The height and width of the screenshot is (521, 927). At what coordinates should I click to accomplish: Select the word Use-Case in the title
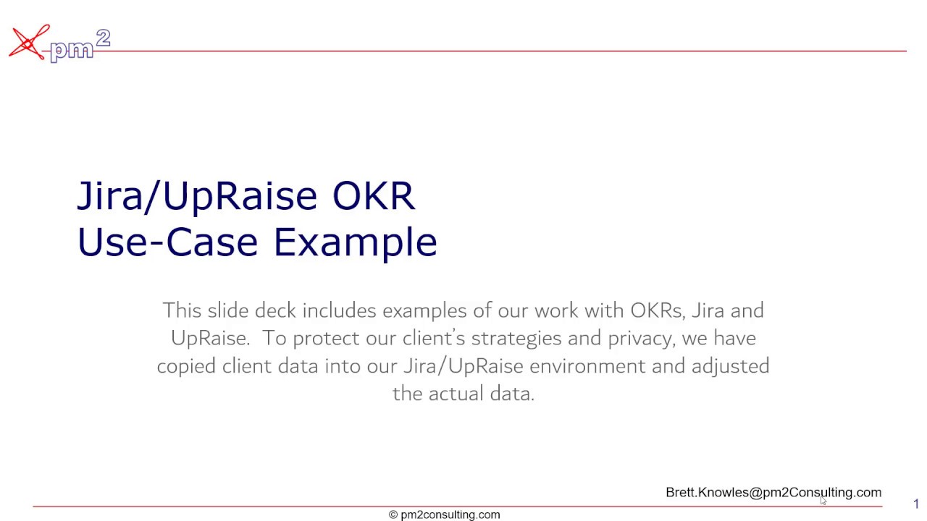167,242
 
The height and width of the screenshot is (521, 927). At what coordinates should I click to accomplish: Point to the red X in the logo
28,43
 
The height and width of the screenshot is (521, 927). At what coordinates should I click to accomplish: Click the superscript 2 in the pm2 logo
103,38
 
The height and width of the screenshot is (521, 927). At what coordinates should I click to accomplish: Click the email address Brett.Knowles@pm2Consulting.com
773,492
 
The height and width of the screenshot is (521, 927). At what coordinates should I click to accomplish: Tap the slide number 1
915,504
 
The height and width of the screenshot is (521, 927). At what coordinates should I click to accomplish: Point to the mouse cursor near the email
823,500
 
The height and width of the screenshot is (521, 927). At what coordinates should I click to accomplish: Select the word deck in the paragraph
275,310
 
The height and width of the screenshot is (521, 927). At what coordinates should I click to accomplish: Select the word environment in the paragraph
587,366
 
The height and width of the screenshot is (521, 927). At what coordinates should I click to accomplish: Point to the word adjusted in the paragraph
730,366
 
